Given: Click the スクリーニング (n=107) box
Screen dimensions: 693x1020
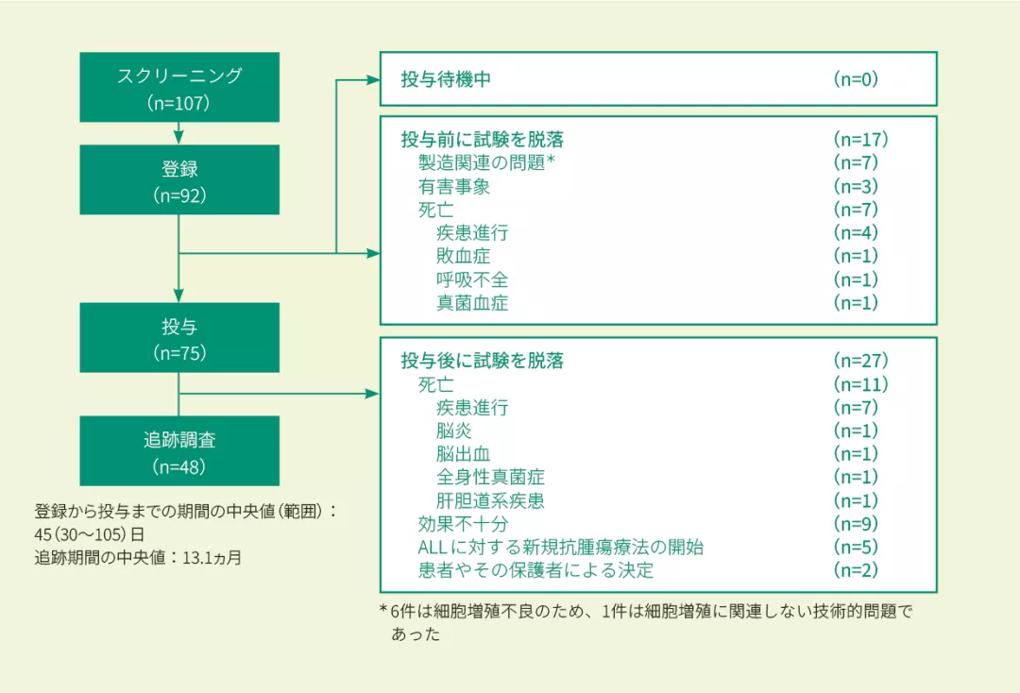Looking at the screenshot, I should (x=179, y=89).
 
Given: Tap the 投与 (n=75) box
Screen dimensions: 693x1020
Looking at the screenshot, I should (x=179, y=337).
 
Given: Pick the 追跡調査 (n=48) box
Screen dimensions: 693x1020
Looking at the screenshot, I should (x=179, y=450).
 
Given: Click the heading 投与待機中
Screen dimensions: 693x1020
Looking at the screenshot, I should (x=446, y=79).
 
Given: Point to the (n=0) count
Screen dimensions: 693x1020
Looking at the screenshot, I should (x=856, y=79).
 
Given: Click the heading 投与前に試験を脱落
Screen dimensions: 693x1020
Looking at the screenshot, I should (x=482, y=140).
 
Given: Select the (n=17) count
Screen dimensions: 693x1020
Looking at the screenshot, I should (x=860, y=140).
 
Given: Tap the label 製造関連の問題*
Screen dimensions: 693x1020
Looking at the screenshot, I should (x=485, y=162).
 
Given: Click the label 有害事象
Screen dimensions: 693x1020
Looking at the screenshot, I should (x=454, y=186).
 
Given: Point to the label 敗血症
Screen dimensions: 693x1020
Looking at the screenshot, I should (x=463, y=256).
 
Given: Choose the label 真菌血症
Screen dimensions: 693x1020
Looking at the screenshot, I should (x=472, y=303).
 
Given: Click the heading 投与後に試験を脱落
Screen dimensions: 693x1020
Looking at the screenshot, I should (x=482, y=361).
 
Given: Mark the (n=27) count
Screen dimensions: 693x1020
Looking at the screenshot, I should (x=860, y=361).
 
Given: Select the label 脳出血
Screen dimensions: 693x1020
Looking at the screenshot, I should (x=463, y=454).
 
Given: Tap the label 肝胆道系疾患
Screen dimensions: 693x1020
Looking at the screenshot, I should (x=490, y=500).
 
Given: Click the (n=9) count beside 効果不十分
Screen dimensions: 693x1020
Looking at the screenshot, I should (x=856, y=524).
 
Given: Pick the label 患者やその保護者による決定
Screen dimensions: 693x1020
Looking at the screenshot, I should (x=535, y=570).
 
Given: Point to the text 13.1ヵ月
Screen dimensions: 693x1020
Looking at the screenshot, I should (x=212, y=558).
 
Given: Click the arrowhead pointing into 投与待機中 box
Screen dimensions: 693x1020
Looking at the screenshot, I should (x=373, y=79).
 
